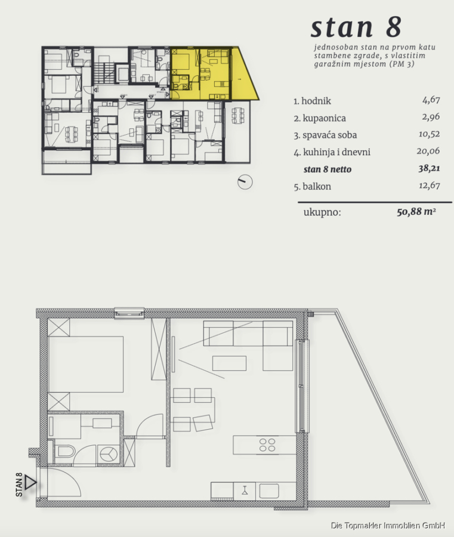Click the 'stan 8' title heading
tap(356, 27)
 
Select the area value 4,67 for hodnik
tap(431, 100)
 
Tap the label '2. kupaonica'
tap(319, 118)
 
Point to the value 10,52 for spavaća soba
tap(429, 134)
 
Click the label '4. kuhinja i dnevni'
tap(332, 152)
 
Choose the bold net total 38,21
tap(429, 168)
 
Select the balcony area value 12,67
tap(430, 186)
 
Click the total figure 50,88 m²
tap(416, 211)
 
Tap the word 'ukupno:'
tap(322, 212)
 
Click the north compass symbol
tap(245, 182)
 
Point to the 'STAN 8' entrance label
tap(19, 484)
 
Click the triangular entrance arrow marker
tap(30, 483)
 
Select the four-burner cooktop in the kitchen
tap(267, 445)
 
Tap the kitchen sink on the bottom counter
tap(269, 490)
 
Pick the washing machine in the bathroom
tap(109, 455)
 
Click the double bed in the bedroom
tap(85, 364)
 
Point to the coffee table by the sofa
tap(230, 363)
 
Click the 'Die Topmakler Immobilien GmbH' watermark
tap(388, 525)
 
